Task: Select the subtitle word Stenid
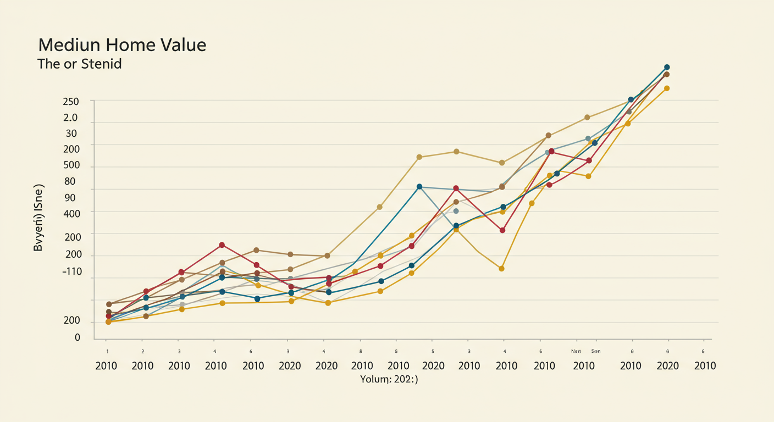(101, 64)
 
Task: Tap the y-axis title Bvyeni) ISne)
(38, 218)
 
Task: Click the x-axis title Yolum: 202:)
(389, 379)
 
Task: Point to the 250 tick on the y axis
(71, 102)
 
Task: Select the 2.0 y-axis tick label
(71, 118)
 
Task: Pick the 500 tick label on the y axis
(71, 165)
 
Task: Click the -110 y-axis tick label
(71, 271)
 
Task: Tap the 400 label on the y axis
(71, 213)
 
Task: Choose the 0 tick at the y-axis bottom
(78, 337)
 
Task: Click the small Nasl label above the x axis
(576, 351)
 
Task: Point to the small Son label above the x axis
(596, 351)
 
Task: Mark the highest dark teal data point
(667, 68)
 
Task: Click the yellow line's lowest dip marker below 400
(501, 269)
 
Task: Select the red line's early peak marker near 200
(222, 245)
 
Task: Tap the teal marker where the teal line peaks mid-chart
(419, 187)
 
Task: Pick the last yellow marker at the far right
(667, 88)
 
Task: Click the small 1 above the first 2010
(107, 351)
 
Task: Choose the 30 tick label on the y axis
(71, 134)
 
